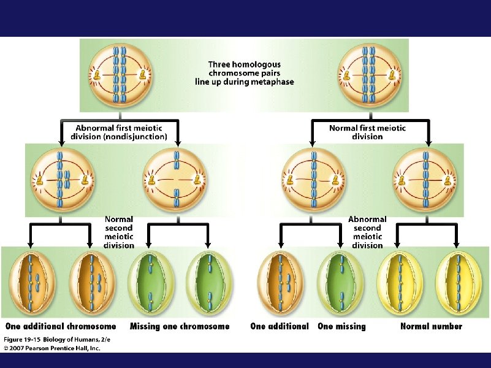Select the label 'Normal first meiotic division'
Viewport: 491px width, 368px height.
click(x=367, y=132)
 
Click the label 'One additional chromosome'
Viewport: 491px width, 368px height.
click(x=61, y=326)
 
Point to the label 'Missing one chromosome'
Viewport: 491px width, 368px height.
click(x=180, y=326)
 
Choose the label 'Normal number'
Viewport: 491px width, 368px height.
click(x=431, y=326)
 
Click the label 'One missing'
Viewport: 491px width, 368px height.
click(x=341, y=326)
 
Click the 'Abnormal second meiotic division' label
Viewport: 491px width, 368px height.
click(x=368, y=232)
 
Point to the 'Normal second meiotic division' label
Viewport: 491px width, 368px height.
click(x=119, y=232)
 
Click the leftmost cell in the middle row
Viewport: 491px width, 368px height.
click(x=60, y=180)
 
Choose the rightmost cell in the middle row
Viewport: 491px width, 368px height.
click(x=425, y=180)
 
